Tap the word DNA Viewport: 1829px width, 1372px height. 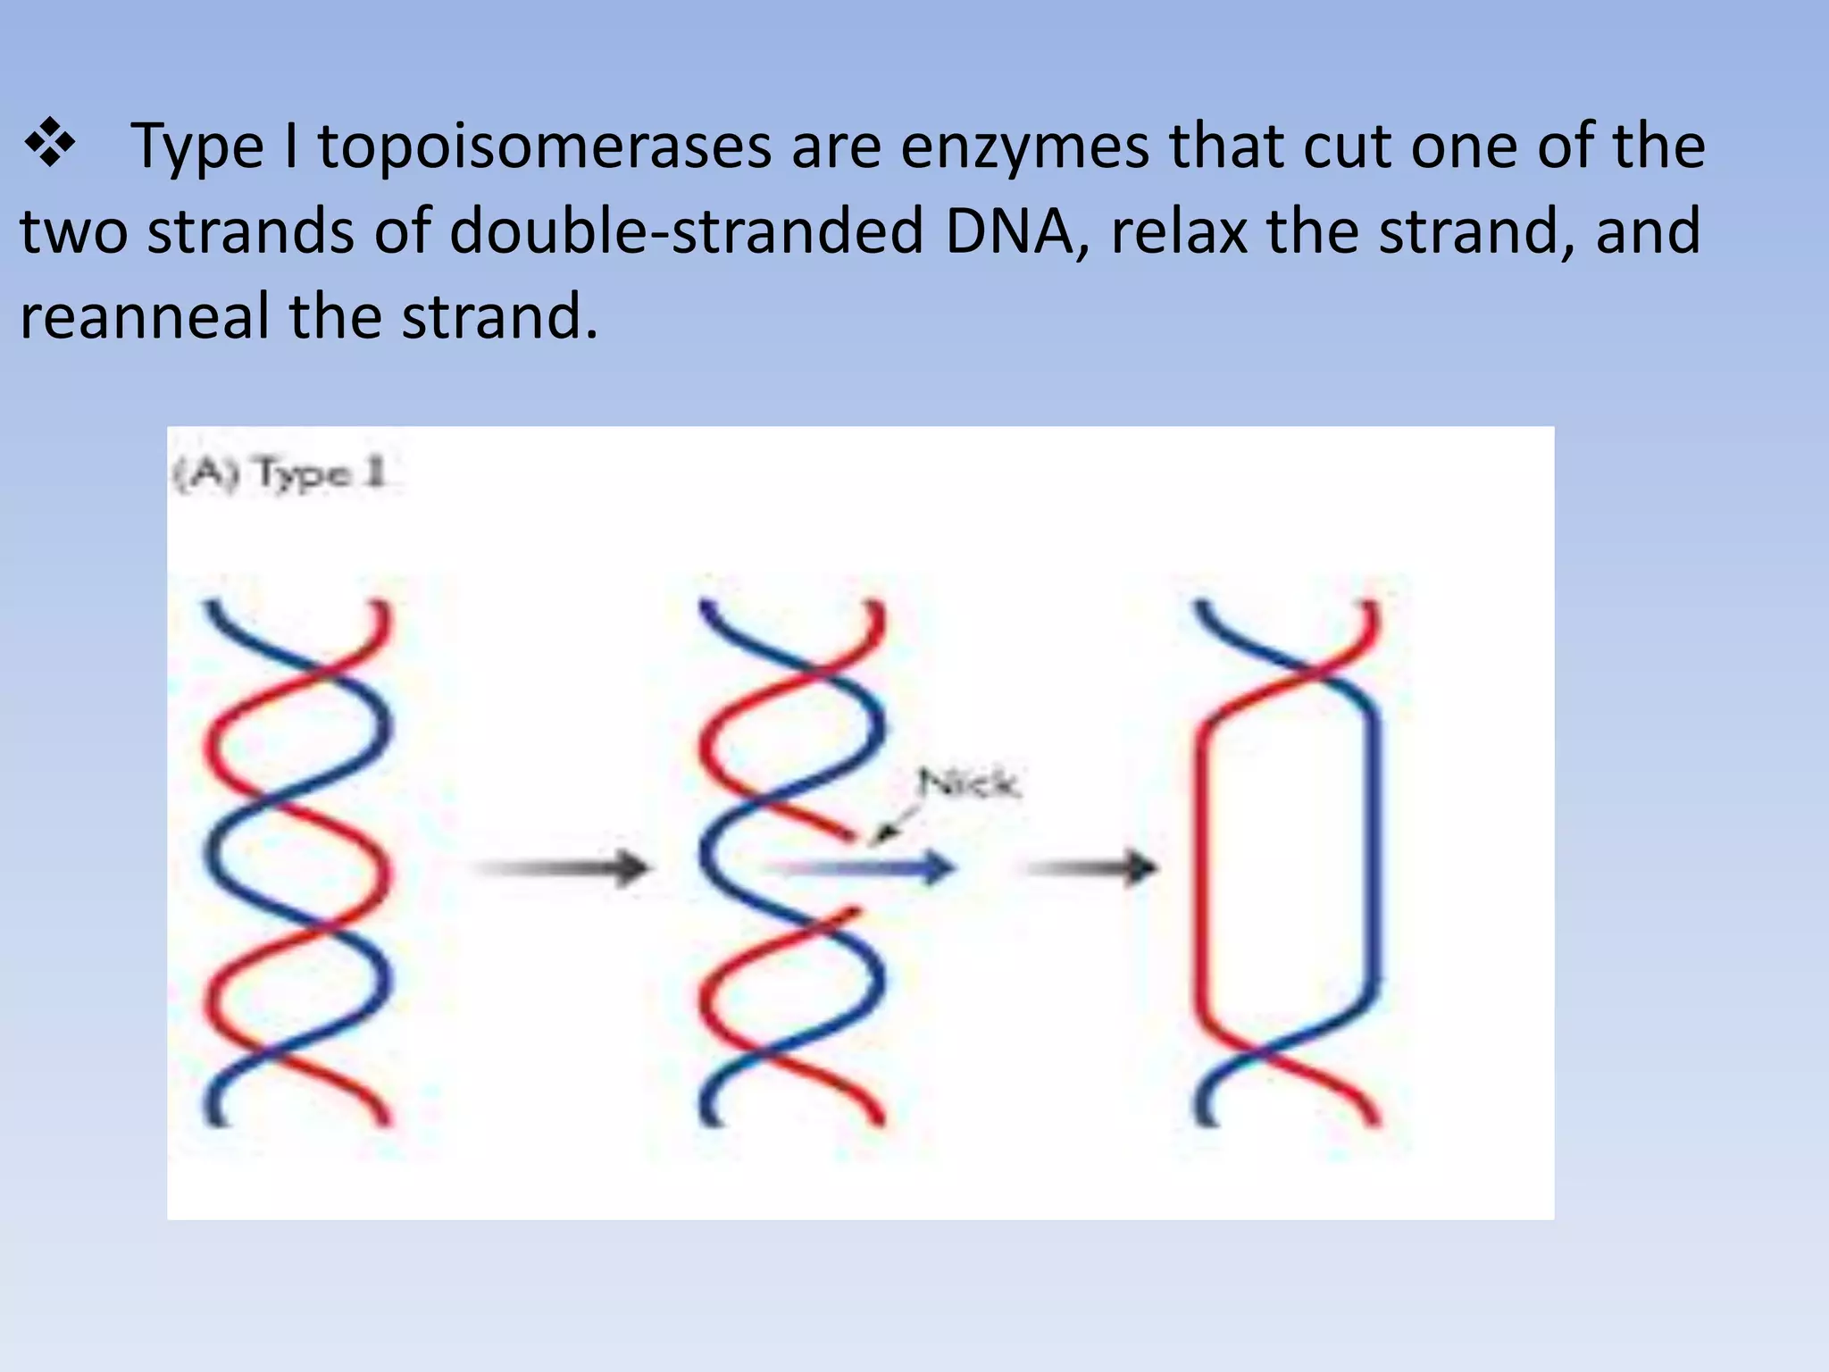click(x=1009, y=231)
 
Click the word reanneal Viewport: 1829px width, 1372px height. click(x=144, y=316)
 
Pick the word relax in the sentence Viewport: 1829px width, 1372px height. click(x=1178, y=231)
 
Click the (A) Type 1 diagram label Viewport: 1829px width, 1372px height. click(x=280, y=473)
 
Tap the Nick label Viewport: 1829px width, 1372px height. click(x=968, y=783)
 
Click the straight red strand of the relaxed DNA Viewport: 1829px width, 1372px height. click(x=1201, y=866)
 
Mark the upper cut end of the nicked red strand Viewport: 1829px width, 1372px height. click(x=848, y=836)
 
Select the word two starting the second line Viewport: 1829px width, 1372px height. click(x=73, y=231)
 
